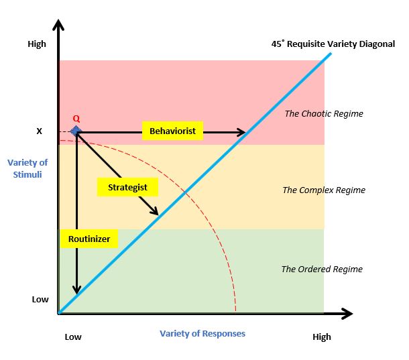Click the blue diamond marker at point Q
76,131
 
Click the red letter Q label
76,119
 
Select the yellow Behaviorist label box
172,131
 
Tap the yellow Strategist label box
127,187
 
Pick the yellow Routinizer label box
89,238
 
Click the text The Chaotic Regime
324,113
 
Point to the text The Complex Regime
324,190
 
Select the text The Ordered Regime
322,269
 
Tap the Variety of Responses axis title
202,333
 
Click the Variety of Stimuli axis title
28,168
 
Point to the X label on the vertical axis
39,131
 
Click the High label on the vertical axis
37,44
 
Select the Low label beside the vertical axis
40,299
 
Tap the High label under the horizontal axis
322,337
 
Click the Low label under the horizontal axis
73,337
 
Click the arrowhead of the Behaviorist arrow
242,133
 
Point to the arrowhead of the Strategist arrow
156,211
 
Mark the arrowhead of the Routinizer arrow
77,290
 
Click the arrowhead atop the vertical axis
59,25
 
